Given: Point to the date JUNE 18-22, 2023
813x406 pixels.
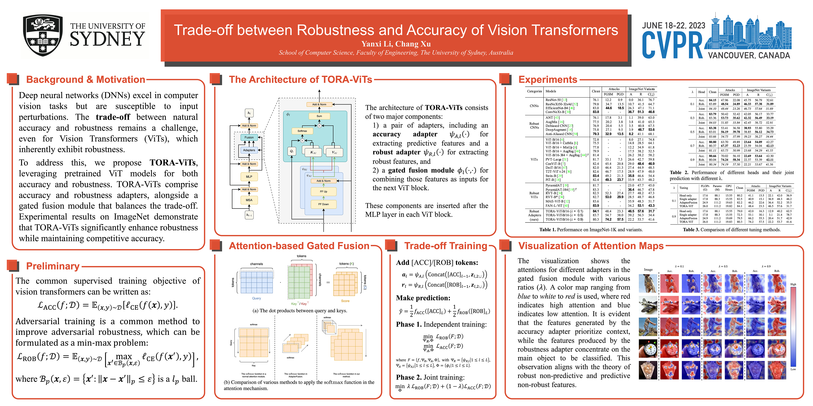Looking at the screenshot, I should (673, 25).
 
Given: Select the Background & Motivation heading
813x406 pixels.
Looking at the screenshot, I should (86, 79).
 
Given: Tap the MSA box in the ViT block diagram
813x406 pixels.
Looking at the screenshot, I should (249, 200).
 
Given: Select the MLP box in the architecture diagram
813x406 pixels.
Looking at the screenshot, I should (249, 177).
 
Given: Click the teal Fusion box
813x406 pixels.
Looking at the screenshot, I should (249, 138).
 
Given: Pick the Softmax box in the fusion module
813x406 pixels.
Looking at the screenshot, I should (302, 131).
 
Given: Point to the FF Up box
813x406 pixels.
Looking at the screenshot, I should (323, 191).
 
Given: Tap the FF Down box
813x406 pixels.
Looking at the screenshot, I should (323, 204).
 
